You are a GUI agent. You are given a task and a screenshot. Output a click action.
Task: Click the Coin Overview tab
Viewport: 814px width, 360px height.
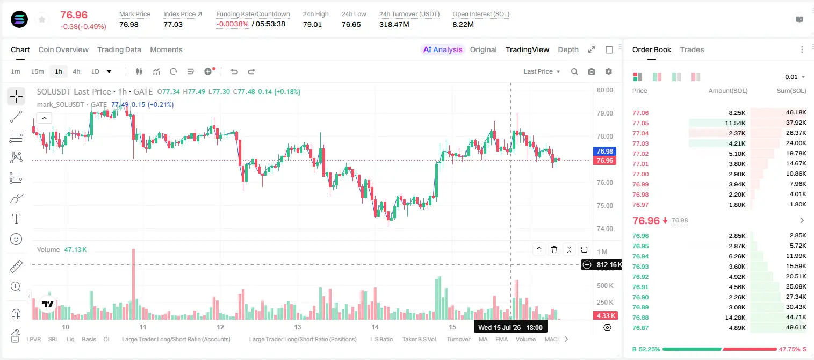(x=63, y=49)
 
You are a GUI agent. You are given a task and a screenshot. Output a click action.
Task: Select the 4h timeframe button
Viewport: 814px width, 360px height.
(x=76, y=71)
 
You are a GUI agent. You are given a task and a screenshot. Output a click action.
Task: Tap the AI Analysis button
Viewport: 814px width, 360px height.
(x=443, y=49)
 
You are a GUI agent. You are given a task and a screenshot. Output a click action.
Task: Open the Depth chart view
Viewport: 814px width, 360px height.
(x=568, y=49)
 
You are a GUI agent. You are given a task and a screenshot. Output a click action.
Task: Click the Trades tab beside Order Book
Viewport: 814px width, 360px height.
(x=692, y=49)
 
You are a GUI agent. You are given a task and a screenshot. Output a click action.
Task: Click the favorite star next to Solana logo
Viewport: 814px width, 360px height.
(x=42, y=19)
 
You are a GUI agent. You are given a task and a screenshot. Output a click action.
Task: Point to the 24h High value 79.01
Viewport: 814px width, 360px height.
(x=312, y=24)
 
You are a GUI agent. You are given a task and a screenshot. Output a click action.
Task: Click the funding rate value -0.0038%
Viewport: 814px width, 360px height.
(x=232, y=24)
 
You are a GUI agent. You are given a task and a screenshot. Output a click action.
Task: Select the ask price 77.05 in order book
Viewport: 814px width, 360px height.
(x=640, y=123)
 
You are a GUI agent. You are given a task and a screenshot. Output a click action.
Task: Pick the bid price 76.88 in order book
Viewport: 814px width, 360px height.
(x=640, y=318)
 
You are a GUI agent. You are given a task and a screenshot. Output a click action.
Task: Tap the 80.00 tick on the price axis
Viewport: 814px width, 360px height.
(x=604, y=90)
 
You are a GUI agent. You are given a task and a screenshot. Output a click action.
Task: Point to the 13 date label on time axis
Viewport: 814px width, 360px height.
(x=298, y=327)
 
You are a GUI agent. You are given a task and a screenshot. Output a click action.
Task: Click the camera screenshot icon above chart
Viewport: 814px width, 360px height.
(x=592, y=71)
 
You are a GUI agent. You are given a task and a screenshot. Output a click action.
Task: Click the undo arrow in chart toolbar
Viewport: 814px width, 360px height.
(x=234, y=71)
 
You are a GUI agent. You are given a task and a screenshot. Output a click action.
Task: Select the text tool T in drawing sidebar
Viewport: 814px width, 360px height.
(x=16, y=219)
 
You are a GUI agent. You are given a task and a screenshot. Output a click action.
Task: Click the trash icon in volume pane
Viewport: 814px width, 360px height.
(x=554, y=249)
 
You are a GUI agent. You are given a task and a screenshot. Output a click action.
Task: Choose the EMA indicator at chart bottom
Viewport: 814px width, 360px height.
(x=501, y=339)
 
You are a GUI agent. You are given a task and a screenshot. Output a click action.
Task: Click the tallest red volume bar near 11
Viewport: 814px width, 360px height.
(x=133, y=284)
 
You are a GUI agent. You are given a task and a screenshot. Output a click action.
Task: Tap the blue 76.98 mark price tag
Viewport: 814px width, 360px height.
(x=604, y=151)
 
